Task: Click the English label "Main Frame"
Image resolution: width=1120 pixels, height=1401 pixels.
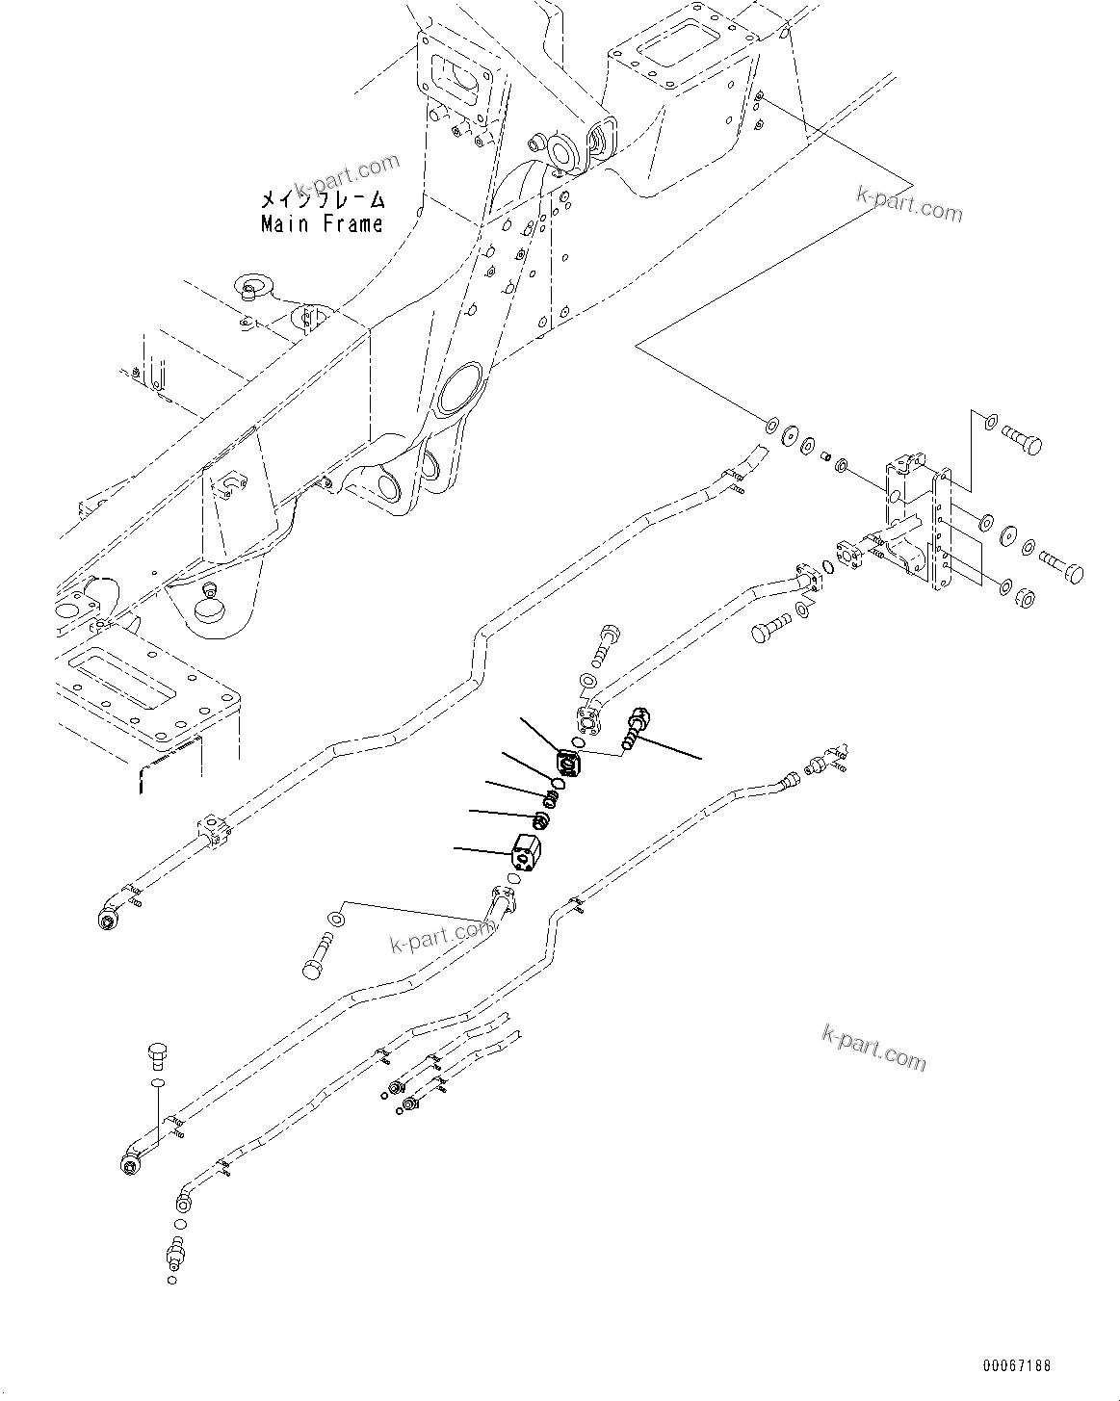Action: pyautogui.click(x=322, y=224)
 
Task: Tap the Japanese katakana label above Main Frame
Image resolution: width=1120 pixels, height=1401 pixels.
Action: pyautogui.click(x=322, y=199)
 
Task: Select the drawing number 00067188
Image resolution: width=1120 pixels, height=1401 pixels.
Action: pyautogui.click(x=1017, y=1365)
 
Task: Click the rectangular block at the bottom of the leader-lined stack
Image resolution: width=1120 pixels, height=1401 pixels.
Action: pyautogui.click(x=525, y=850)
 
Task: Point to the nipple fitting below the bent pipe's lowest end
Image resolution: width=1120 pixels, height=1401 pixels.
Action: pyautogui.click(x=174, y=1253)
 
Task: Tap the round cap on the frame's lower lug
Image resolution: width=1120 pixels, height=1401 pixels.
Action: pyautogui.click(x=208, y=609)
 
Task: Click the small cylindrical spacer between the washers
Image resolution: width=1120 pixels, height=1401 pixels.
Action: pyautogui.click(x=825, y=456)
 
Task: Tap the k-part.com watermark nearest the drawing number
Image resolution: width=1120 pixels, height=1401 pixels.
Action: pyautogui.click(x=873, y=1049)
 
